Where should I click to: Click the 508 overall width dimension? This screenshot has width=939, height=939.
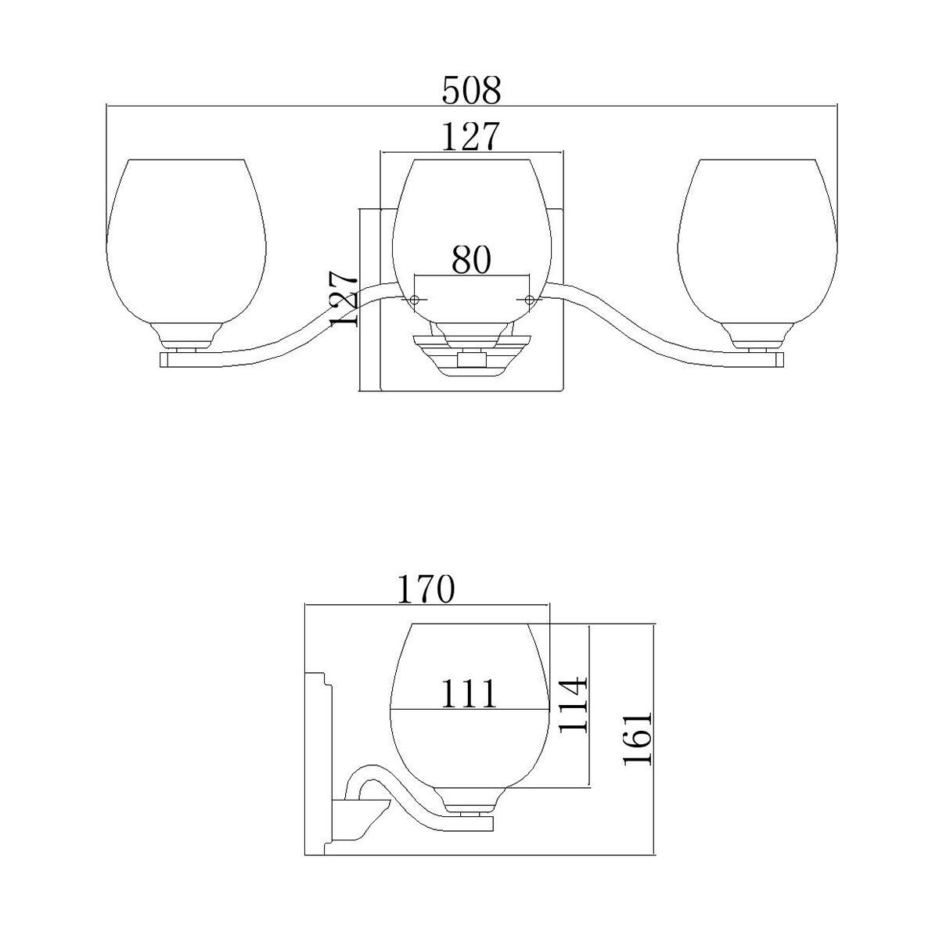click(471, 90)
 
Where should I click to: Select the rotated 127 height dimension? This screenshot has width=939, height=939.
click(344, 299)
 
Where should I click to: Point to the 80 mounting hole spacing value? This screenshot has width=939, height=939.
click(471, 260)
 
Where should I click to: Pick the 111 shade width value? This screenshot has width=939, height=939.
click(469, 693)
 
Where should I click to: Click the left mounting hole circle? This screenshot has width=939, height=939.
click(414, 300)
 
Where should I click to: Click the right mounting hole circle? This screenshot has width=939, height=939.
click(529, 299)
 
